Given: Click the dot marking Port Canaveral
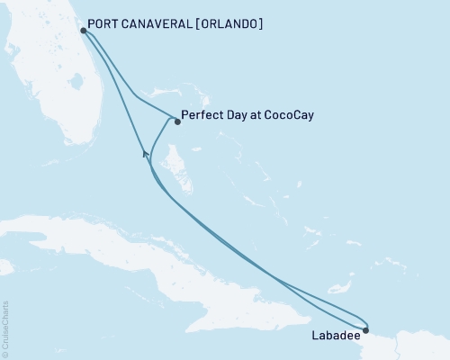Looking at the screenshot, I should point(83,30).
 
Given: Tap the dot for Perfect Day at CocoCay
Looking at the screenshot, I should point(177,121).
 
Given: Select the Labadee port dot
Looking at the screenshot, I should point(365,329).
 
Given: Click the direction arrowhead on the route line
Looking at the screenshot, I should point(144,155).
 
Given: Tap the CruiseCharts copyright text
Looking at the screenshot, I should point(5,328).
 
